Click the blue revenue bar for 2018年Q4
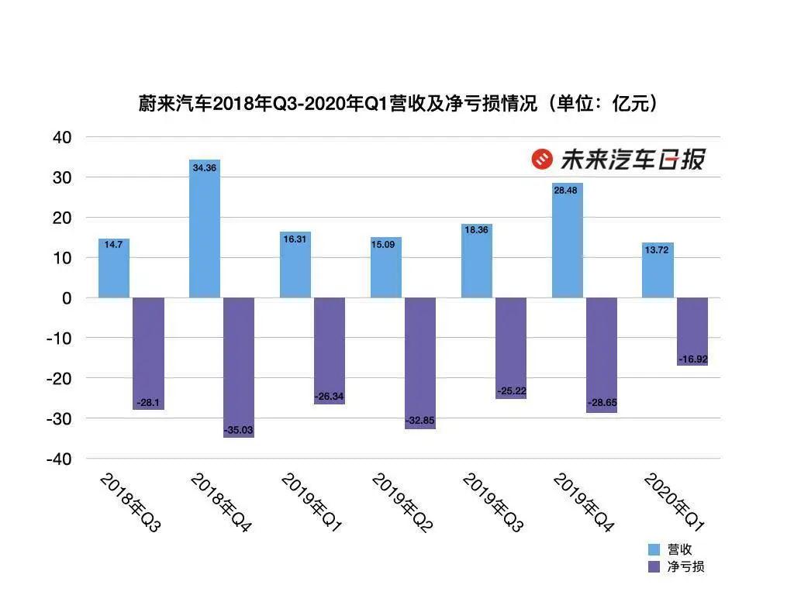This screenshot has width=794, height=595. click(205, 229)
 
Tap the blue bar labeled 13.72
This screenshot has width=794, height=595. click(658, 270)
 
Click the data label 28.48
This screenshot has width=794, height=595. click(567, 191)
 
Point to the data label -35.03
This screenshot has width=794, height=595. click(238, 430)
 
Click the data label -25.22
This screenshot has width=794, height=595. click(510, 390)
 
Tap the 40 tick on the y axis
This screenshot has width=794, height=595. click(61, 138)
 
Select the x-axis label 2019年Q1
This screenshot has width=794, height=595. click(311, 504)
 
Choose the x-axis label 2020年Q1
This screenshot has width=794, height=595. click(674, 504)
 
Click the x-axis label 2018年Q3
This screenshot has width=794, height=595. click(129, 504)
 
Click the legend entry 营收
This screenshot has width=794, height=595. click(679, 549)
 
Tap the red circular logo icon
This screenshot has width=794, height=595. click(541, 159)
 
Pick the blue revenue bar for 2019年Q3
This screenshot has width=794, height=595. click(477, 261)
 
